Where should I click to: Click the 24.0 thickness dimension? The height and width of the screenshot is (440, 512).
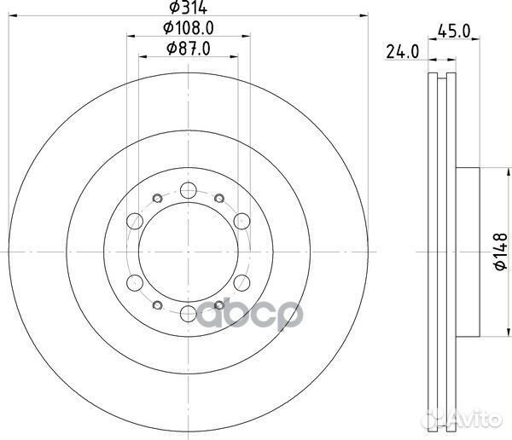(x=401, y=50)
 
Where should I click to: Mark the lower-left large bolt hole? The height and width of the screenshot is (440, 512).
(x=135, y=283)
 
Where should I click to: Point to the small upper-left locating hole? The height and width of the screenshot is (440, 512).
(x=155, y=199)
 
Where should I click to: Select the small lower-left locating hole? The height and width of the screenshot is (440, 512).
(x=155, y=307)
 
